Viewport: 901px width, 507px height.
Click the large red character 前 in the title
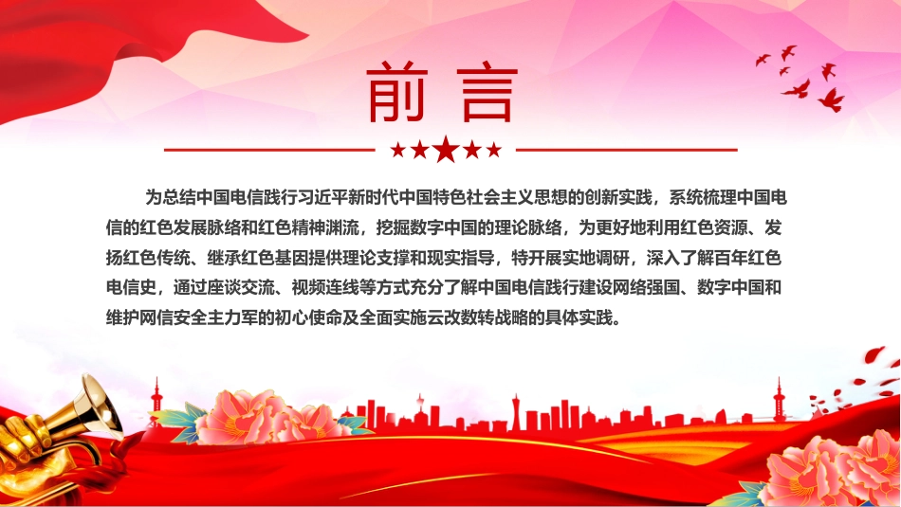click(x=397, y=91)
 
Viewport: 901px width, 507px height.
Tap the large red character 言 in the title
click(x=487, y=92)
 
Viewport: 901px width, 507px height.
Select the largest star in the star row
click(x=446, y=150)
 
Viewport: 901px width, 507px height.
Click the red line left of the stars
click(x=269, y=151)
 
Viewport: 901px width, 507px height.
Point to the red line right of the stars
click(x=626, y=151)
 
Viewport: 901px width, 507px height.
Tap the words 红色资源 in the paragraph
click(x=714, y=227)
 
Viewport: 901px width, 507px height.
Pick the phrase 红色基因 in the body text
click(x=275, y=258)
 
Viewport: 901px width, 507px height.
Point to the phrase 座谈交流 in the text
click(x=241, y=287)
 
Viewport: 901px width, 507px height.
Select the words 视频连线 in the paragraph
click(x=325, y=287)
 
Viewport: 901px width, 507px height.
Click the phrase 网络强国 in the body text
click(x=647, y=287)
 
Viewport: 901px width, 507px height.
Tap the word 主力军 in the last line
click(x=232, y=317)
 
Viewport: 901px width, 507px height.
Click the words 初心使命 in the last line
click(x=308, y=317)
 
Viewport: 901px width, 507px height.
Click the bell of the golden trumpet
click(x=100, y=405)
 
